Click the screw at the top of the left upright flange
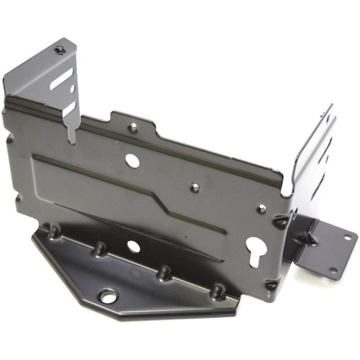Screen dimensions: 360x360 (x=60, y=50)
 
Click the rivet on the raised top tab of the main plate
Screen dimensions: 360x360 (x=133, y=127)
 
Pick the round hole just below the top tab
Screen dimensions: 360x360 (x=132, y=160)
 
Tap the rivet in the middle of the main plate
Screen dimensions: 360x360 (x=194, y=187)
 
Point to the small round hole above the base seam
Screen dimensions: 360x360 (x=134, y=246)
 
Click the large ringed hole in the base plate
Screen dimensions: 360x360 (x=108, y=295)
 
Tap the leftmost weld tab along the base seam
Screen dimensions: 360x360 (x=53, y=233)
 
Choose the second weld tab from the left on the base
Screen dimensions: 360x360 (x=99, y=249)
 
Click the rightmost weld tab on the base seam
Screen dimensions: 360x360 (x=216, y=290)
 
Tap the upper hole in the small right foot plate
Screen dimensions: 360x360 (x=348, y=237)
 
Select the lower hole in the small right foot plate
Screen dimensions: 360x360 (x=333, y=271)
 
